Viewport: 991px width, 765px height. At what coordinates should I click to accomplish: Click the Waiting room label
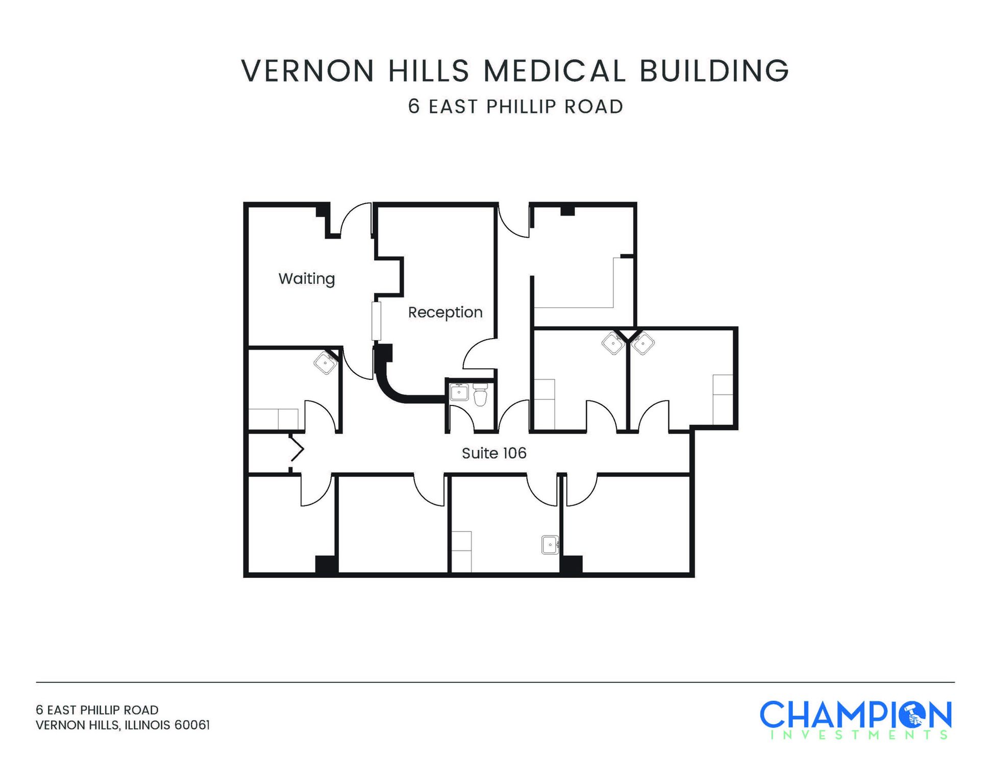(x=307, y=278)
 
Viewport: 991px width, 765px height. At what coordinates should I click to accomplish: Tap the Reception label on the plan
(x=445, y=312)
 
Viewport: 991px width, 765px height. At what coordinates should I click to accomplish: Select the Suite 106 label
(x=494, y=453)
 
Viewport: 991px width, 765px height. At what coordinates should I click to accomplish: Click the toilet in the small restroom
(x=480, y=395)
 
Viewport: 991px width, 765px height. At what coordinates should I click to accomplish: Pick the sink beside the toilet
(x=459, y=392)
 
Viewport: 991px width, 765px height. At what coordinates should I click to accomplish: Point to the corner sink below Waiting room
(x=325, y=363)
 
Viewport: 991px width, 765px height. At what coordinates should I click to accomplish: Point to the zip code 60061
(x=192, y=725)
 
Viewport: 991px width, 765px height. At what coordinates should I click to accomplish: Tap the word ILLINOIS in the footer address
(x=147, y=725)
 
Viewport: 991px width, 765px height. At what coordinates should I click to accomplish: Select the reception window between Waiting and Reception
(x=376, y=321)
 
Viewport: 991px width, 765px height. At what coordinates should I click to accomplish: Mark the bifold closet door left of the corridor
(x=296, y=450)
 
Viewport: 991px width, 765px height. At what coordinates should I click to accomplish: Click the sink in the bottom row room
(x=550, y=545)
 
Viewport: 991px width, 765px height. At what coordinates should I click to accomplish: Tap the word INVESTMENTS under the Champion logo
(x=859, y=735)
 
